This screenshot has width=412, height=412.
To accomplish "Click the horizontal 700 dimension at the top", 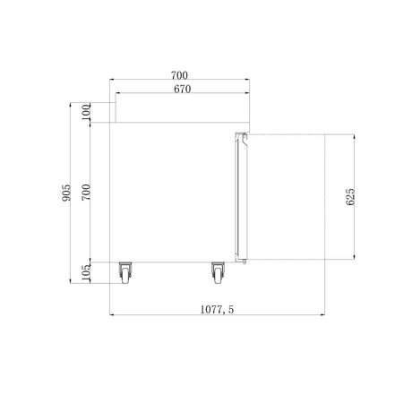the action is pyautogui.click(x=179, y=75).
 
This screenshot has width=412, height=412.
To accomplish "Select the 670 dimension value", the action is pyautogui.click(x=183, y=89).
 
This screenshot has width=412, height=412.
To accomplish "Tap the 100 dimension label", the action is pyautogui.click(x=86, y=112).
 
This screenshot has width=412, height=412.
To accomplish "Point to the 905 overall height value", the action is pyautogui.click(x=66, y=193).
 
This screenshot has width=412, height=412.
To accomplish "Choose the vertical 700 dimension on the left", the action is pyautogui.click(x=86, y=193).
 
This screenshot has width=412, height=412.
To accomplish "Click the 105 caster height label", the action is pyautogui.click(x=86, y=273).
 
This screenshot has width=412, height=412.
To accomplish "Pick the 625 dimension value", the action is pyautogui.click(x=350, y=197).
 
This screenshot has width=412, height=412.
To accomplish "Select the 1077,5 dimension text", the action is pyautogui.click(x=217, y=310).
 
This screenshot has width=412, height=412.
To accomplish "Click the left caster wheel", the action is pyautogui.click(x=125, y=273).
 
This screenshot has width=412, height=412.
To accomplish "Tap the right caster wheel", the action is pyautogui.click(x=218, y=273).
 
